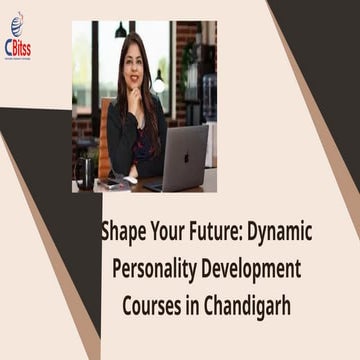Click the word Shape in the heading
[122, 232]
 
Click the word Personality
[156, 269]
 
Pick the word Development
[255, 269]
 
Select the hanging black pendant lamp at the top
[121, 30]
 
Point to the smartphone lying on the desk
[118, 184]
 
